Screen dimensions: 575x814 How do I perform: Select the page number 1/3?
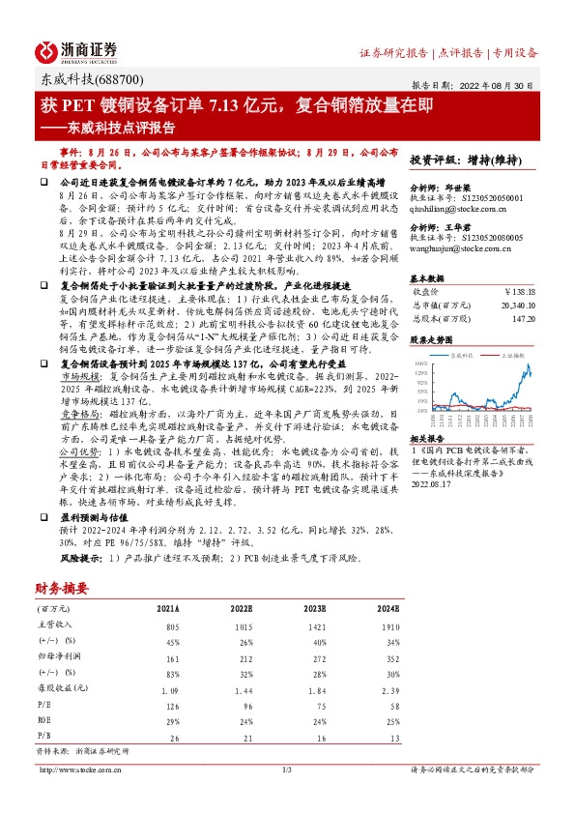(x=287, y=770)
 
